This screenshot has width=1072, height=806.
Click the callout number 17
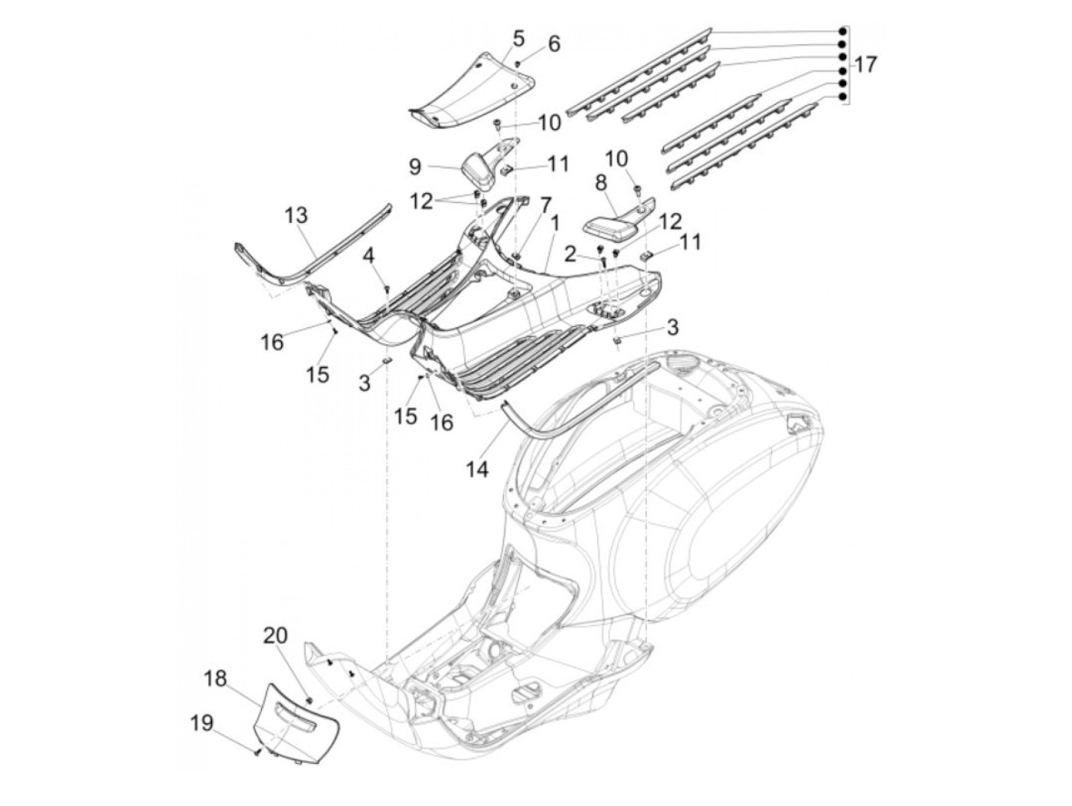pyautogui.click(x=865, y=65)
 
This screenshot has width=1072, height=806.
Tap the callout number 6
pyautogui.click(x=554, y=44)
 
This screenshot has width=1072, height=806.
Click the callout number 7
pyautogui.click(x=545, y=205)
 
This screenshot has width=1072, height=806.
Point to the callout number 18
pyautogui.click(x=217, y=679)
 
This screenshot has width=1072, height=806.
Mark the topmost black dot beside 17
pyautogui.click(x=842, y=31)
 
